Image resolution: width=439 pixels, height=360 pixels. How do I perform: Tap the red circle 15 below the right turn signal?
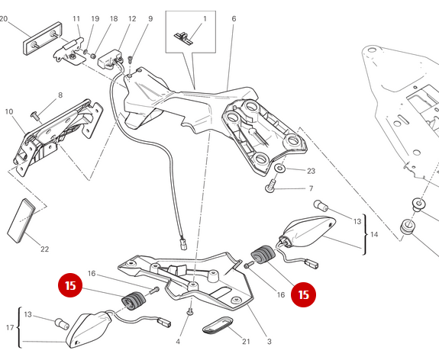point(304,294)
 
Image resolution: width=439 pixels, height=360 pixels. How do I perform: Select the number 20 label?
point(4,18)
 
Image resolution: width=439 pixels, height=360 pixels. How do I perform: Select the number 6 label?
point(233,18)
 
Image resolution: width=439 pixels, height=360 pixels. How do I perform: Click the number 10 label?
point(8,112)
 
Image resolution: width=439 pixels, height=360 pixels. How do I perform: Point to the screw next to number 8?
point(36,113)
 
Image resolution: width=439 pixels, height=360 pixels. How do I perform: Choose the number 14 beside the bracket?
point(373,235)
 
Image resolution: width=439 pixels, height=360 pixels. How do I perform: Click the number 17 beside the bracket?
point(8,328)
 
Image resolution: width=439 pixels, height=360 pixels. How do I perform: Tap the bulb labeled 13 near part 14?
point(320,206)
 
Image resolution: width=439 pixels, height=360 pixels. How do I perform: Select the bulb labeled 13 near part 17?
point(61,322)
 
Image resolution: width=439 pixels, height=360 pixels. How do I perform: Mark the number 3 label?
point(269,341)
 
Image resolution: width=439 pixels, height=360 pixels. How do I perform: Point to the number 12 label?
point(132,18)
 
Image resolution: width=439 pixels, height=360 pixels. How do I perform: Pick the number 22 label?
point(44,249)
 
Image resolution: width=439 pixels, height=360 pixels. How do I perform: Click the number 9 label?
point(150,18)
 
